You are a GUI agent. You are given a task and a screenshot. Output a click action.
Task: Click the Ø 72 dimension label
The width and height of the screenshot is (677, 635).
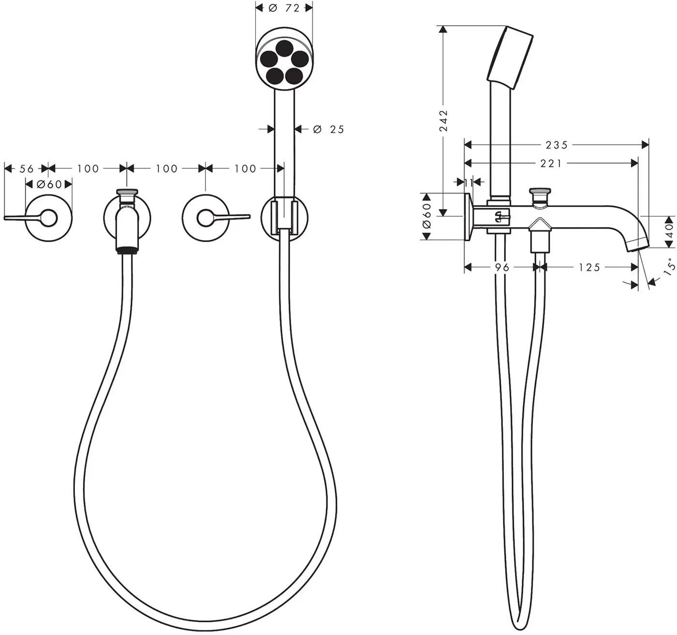pyautogui.click(x=284, y=8)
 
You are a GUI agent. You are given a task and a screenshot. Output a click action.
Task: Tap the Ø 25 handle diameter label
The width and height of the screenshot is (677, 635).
pyautogui.click(x=328, y=129)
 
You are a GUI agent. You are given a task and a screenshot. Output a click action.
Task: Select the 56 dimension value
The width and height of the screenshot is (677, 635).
pyautogui.click(x=27, y=168)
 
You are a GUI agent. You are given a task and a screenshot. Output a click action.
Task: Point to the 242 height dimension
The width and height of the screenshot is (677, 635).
pyautogui.click(x=443, y=120)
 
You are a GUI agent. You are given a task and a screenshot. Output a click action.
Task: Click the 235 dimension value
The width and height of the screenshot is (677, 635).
pyautogui.click(x=557, y=145)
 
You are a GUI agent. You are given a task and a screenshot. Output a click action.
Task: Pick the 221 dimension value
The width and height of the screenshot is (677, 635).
pyautogui.click(x=551, y=163)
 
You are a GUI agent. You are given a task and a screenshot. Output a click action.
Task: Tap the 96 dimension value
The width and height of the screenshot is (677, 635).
pyautogui.click(x=502, y=267)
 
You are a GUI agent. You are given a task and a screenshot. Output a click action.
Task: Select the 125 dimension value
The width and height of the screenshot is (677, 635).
pyautogui.click(x=589, y=267)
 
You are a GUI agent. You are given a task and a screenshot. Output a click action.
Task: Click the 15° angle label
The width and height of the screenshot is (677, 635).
pyautogui.click(x=669, y=266)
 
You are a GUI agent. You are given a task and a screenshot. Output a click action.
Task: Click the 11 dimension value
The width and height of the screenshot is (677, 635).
pyautogui.click(x=469, y=182)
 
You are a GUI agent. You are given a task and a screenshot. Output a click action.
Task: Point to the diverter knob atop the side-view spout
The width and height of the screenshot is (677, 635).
pyautogui.click(x=539, y=197)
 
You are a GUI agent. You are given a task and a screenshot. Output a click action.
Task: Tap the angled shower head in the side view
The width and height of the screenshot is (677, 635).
pyautogui.click(x=510, y=58)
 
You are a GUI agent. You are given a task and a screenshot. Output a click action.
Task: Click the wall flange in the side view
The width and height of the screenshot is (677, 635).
pyautogui.click(x=468, y=217)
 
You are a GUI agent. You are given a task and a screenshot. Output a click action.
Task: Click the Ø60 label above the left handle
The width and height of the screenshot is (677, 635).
pyautogui.click(x=49, y=184)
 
